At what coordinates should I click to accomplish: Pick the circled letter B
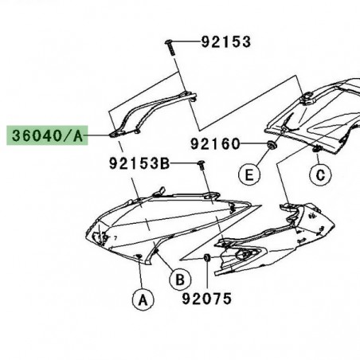pyautogui.click(x=180, y=279)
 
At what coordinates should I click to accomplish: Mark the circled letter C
pyautogui.click(x=320, y=174)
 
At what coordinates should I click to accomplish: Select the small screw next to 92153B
pyautogui.click(x=202, y=166)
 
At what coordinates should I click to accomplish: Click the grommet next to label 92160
pyautogui.click(x=272, y=145)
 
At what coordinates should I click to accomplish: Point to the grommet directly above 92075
pyautogui.click(x=207, y=258)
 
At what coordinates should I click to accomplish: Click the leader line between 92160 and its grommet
pyautogui.click(x=253, y=145)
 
